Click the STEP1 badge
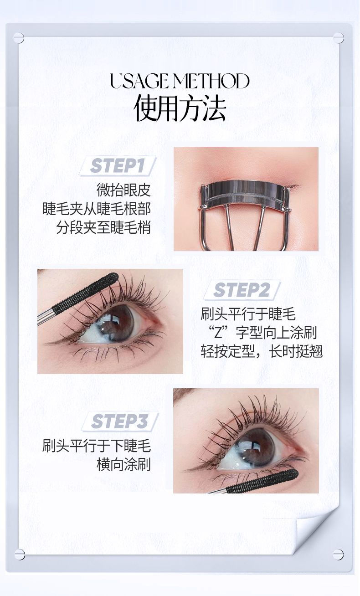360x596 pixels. [117, 166]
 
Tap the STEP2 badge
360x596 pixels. [242, 290]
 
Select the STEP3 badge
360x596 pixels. [120, 421]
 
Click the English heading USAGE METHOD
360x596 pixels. [180, 81]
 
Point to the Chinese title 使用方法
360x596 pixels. [180, 108]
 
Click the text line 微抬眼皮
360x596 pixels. [123, 190]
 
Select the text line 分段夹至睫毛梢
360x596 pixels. [103, 227]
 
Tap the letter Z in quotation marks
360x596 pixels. [218, 333]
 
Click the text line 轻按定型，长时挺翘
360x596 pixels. [262, 351]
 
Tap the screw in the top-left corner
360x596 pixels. [19, 38]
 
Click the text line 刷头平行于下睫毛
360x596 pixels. [97, 446]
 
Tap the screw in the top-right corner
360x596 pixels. [339, 38]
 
